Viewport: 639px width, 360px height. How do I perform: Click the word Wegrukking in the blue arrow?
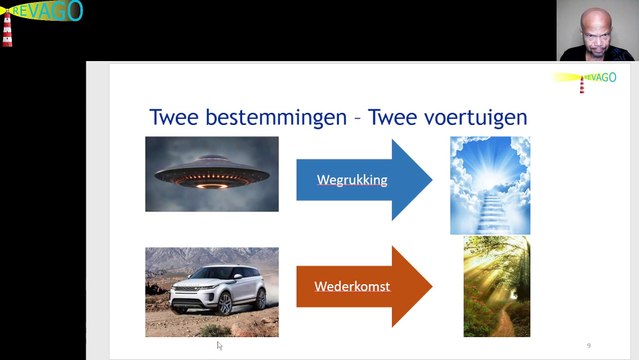(351, 180)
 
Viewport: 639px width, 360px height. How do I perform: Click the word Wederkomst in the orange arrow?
(352, 287)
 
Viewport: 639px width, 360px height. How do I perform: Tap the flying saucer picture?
(212, 174)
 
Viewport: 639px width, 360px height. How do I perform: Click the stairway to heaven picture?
(489, 185)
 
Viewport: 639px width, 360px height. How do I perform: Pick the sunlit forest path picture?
(496, 287)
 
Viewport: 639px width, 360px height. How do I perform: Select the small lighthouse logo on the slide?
(582, 83)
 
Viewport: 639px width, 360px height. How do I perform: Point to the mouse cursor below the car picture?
(219, 345)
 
